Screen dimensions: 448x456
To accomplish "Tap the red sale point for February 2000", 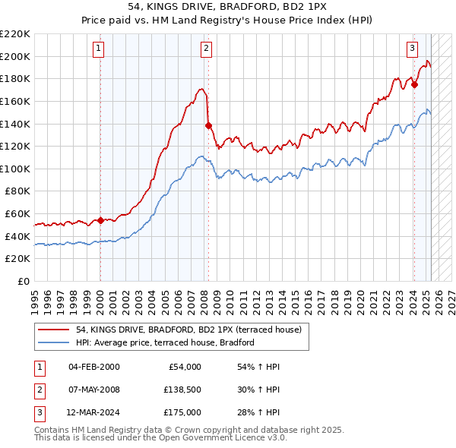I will [100, 220].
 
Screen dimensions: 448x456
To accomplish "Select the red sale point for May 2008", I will [208, 125].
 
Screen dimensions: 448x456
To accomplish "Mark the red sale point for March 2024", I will [414, 84].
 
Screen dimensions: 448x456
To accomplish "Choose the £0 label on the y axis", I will [22, 282].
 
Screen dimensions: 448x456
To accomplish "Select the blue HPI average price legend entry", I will [164, 342].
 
